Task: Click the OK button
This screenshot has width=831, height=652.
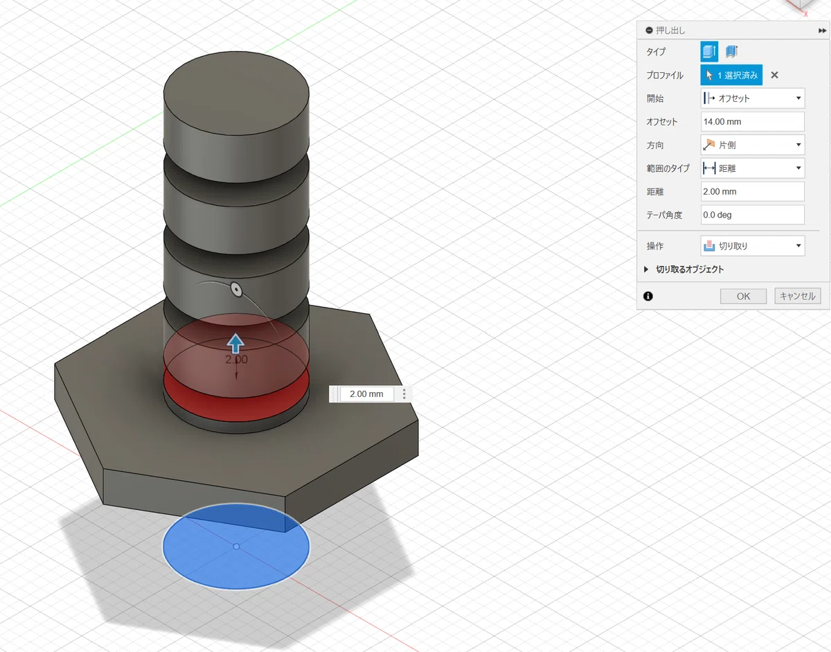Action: pyautogui.click(x=743, y=296)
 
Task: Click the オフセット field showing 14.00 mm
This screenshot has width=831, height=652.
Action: pyautogui.click(x=752, y=122)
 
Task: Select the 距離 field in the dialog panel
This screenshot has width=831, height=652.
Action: pyautogui.click(x=752, y=191)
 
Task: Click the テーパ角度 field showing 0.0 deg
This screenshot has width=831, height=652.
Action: pyautogui.click(x=752, y=215)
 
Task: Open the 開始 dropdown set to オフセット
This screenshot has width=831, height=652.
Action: pyautogui.click(x=752, y=98)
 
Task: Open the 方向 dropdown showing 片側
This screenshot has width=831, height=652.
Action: pyautogui.click(x=752, y=145)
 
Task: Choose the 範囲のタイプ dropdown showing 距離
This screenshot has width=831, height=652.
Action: pyautogui.click(x=752, y=168)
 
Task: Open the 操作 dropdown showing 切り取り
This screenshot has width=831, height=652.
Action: pyautogui.click(x=752, y=246)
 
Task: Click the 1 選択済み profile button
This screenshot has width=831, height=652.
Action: pyautogui.click(x=731, y=75)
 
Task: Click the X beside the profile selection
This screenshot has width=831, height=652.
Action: pyautogui.click(x=774, y=75)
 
